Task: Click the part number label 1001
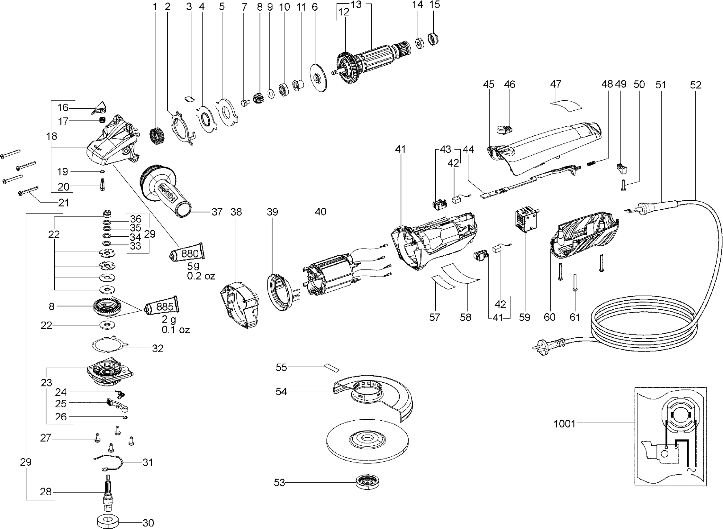tap(564, 424)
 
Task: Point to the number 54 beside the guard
tap(281, 391)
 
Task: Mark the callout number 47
tap(556, 84)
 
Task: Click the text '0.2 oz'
tap(201, 276)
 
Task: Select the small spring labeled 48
tap(592, 163)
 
